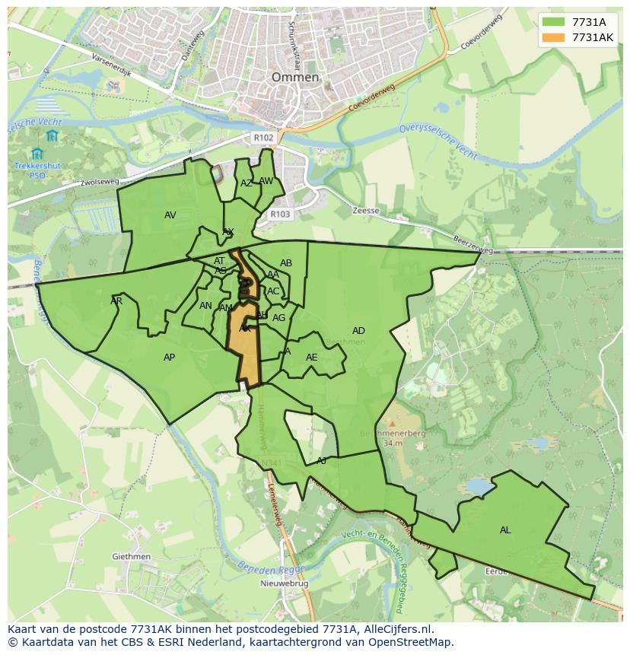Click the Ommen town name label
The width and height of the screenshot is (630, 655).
pos(295,78)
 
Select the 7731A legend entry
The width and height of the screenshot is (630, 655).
pos(588,22)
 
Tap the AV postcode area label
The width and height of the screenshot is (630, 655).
pos(170,215)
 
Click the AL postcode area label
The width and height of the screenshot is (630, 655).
pos(505,530)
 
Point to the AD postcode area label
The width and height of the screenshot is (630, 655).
pos(358,330)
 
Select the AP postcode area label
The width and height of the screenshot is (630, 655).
pos(170,358)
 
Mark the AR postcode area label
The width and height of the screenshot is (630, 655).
pos(116,301)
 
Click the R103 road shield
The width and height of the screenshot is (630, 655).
pos(280,215)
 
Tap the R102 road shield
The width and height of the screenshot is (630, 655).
pos(263,138)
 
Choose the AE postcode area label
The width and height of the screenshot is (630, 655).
pos(311,358)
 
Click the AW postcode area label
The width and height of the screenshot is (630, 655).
pos(266,181)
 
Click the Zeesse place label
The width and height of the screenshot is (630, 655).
pos(366,211)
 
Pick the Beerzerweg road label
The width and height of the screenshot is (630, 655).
pos(473,245)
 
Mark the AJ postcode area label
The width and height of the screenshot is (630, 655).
pos(322,461)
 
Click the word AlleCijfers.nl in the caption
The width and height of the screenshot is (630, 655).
pos(398,629)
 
